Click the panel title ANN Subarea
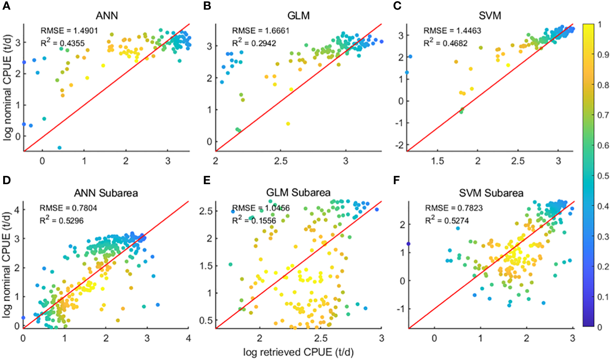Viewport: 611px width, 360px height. pyautogui.click(x=106, y=193)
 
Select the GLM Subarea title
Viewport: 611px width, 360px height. pyautogui.click(x=298, y=193)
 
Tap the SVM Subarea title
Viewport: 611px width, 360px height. pyautogui.click(x=491, y=193)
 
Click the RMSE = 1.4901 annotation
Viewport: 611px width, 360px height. pyautogui.click(x=69, y=31)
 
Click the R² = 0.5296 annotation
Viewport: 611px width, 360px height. pyautogui.click(x=62, y=220)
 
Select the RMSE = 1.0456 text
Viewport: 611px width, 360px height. pyautogui.click(x=261, y=208)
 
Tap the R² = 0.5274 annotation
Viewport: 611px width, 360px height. pyautogui.click(x=447, y=220)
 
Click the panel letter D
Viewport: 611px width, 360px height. pyautogui.click(x=6, y=180)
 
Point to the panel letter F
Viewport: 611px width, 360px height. pyautogui.click(x=396, y=180)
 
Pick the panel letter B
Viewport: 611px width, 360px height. pyautogui.click(x=207, y=6)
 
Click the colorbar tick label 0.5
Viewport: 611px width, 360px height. pyautogui.click(x=603, y=176)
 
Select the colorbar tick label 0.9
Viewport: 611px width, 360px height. pyautogui.click(x=603, y=55)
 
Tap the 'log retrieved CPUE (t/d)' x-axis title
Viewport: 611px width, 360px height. pyautogui.click(x=298, y=352)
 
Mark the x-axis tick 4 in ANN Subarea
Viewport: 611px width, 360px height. pyautogui.click(x=188, y=339)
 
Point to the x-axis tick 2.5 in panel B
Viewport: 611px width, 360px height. pyautogui.click(x=281, y=162)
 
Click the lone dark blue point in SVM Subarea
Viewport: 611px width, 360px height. pyautogui.click(x=408, y=244)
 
